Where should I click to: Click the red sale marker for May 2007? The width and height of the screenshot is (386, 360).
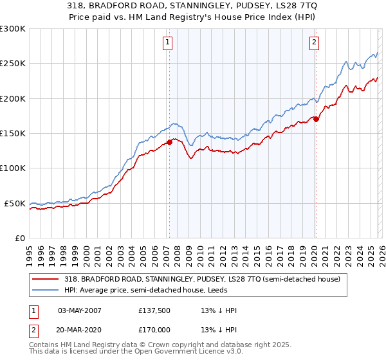[169, 142]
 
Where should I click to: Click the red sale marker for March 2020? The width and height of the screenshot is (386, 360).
[316, 119]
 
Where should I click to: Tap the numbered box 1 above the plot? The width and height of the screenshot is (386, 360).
[167, 43]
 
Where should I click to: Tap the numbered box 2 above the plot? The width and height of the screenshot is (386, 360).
[314, 43]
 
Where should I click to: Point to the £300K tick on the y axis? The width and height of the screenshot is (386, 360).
[13, 29]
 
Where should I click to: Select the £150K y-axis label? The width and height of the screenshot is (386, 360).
[13, 133]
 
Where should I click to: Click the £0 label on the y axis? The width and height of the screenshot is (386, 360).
[19, 238]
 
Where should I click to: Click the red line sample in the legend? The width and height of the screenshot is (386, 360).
[46, 278]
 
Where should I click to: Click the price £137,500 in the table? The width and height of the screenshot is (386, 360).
[154, 310]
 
